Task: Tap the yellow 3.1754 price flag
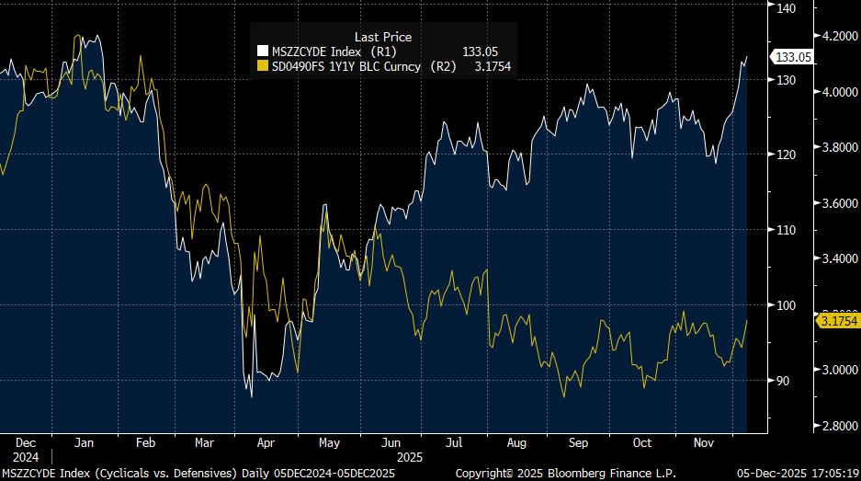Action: point(837,321)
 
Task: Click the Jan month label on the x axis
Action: point(83,442)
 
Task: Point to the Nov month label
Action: point(704,442)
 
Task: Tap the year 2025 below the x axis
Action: point(410,455)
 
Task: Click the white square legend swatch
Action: point(262,52)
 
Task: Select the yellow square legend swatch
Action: point(262,66)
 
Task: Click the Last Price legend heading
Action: point(383,37)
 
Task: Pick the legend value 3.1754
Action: point(493,66)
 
